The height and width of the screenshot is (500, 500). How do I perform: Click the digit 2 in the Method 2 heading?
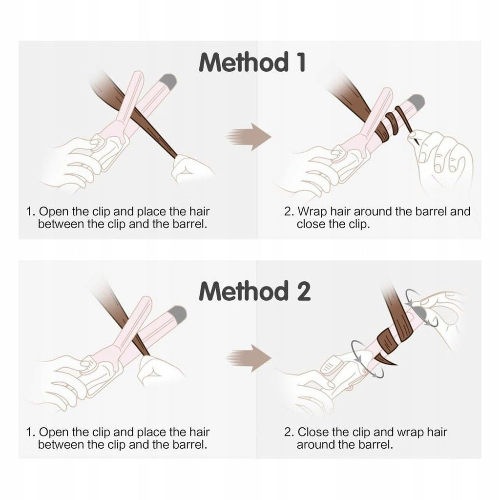tap(303, 291)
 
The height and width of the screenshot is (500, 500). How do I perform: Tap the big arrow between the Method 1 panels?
tap(249, 137)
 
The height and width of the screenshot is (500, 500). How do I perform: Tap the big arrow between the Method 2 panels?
tap(249, 358)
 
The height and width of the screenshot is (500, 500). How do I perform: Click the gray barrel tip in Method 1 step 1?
tap(168, 82)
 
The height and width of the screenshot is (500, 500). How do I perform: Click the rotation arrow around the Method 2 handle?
tap(367, 359)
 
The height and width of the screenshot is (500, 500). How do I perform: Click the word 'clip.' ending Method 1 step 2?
tap(359, 225)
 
